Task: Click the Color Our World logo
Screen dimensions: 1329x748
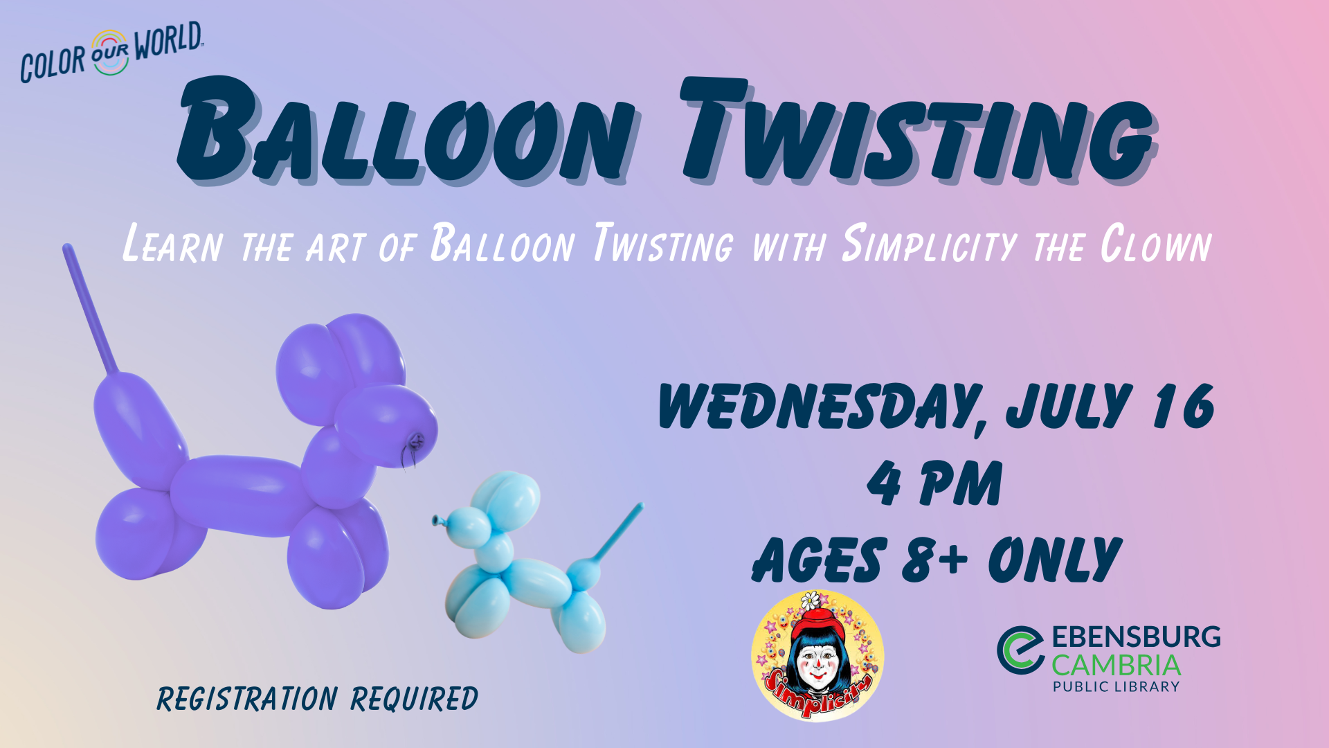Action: point(111,53)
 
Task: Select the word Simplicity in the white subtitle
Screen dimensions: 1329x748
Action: point(929,244)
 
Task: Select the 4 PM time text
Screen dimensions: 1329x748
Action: point(934,483)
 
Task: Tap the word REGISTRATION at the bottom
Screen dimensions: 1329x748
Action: point(247,699)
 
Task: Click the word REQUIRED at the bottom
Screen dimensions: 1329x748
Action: point(414,699)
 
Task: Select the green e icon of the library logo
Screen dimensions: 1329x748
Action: point(1020,650)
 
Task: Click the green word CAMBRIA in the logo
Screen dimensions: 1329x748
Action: point(1116,666)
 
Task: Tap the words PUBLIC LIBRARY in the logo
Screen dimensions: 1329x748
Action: point(1116,687)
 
